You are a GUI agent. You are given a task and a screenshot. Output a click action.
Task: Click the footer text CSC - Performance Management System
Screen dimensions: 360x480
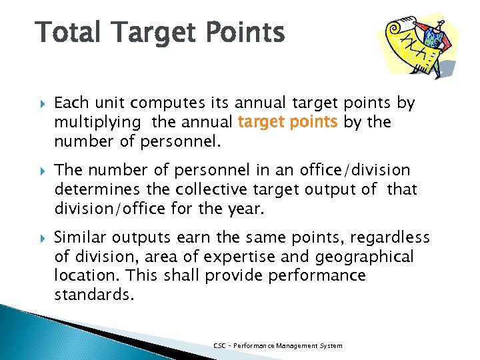[x=278, y=345]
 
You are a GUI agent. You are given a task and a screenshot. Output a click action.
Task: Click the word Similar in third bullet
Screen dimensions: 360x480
[x=79, y=237]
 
